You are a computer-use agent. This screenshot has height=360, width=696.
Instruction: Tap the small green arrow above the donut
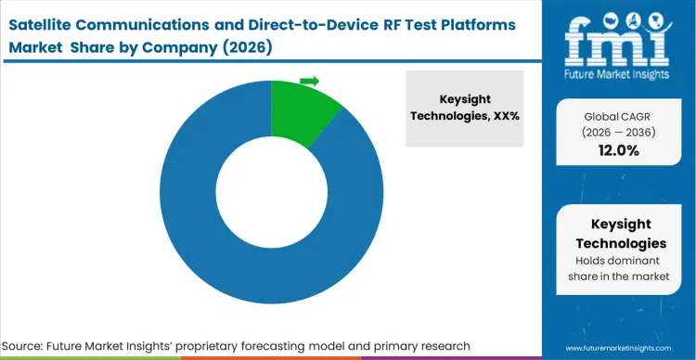point(310,82)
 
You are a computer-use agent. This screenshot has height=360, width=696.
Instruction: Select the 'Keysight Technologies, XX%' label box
point(464,109)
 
